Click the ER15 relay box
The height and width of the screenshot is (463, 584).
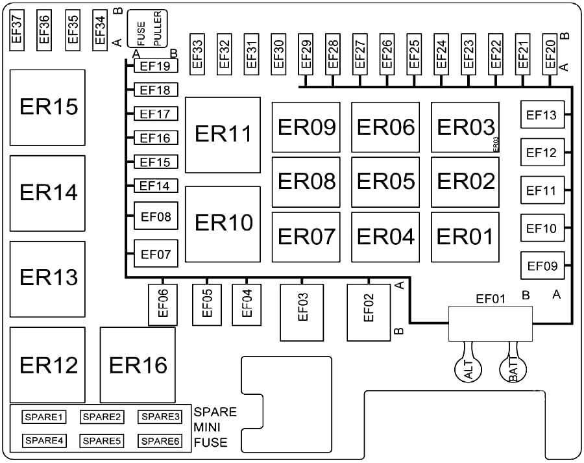pos(47,107)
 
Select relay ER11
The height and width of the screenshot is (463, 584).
pos(223,135)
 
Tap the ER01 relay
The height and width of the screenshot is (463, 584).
pos(465,237)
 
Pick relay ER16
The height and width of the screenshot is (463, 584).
pos(138,365)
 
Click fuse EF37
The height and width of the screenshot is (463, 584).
pos(17,30)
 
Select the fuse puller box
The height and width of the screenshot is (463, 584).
pos(147,29)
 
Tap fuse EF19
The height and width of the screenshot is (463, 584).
pos(156,66)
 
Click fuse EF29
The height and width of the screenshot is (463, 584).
pos(306,54)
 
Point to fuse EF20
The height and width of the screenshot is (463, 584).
pos(550,54)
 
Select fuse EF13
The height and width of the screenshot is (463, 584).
pos(542,114)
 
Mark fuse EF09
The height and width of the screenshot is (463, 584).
pos(542,266)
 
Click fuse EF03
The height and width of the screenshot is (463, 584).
pos(302,312)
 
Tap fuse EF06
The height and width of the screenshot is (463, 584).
pos(163,305)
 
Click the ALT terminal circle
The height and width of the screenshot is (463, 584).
pos(468,369)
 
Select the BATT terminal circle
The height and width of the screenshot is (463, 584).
pos(513,369)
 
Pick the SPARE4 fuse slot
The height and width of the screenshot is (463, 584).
pos(44,441)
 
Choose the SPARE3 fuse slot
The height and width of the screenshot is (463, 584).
pos(160,417)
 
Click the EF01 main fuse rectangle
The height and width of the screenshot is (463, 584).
pos(490,323)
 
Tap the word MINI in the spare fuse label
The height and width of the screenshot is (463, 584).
pos(207,427)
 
